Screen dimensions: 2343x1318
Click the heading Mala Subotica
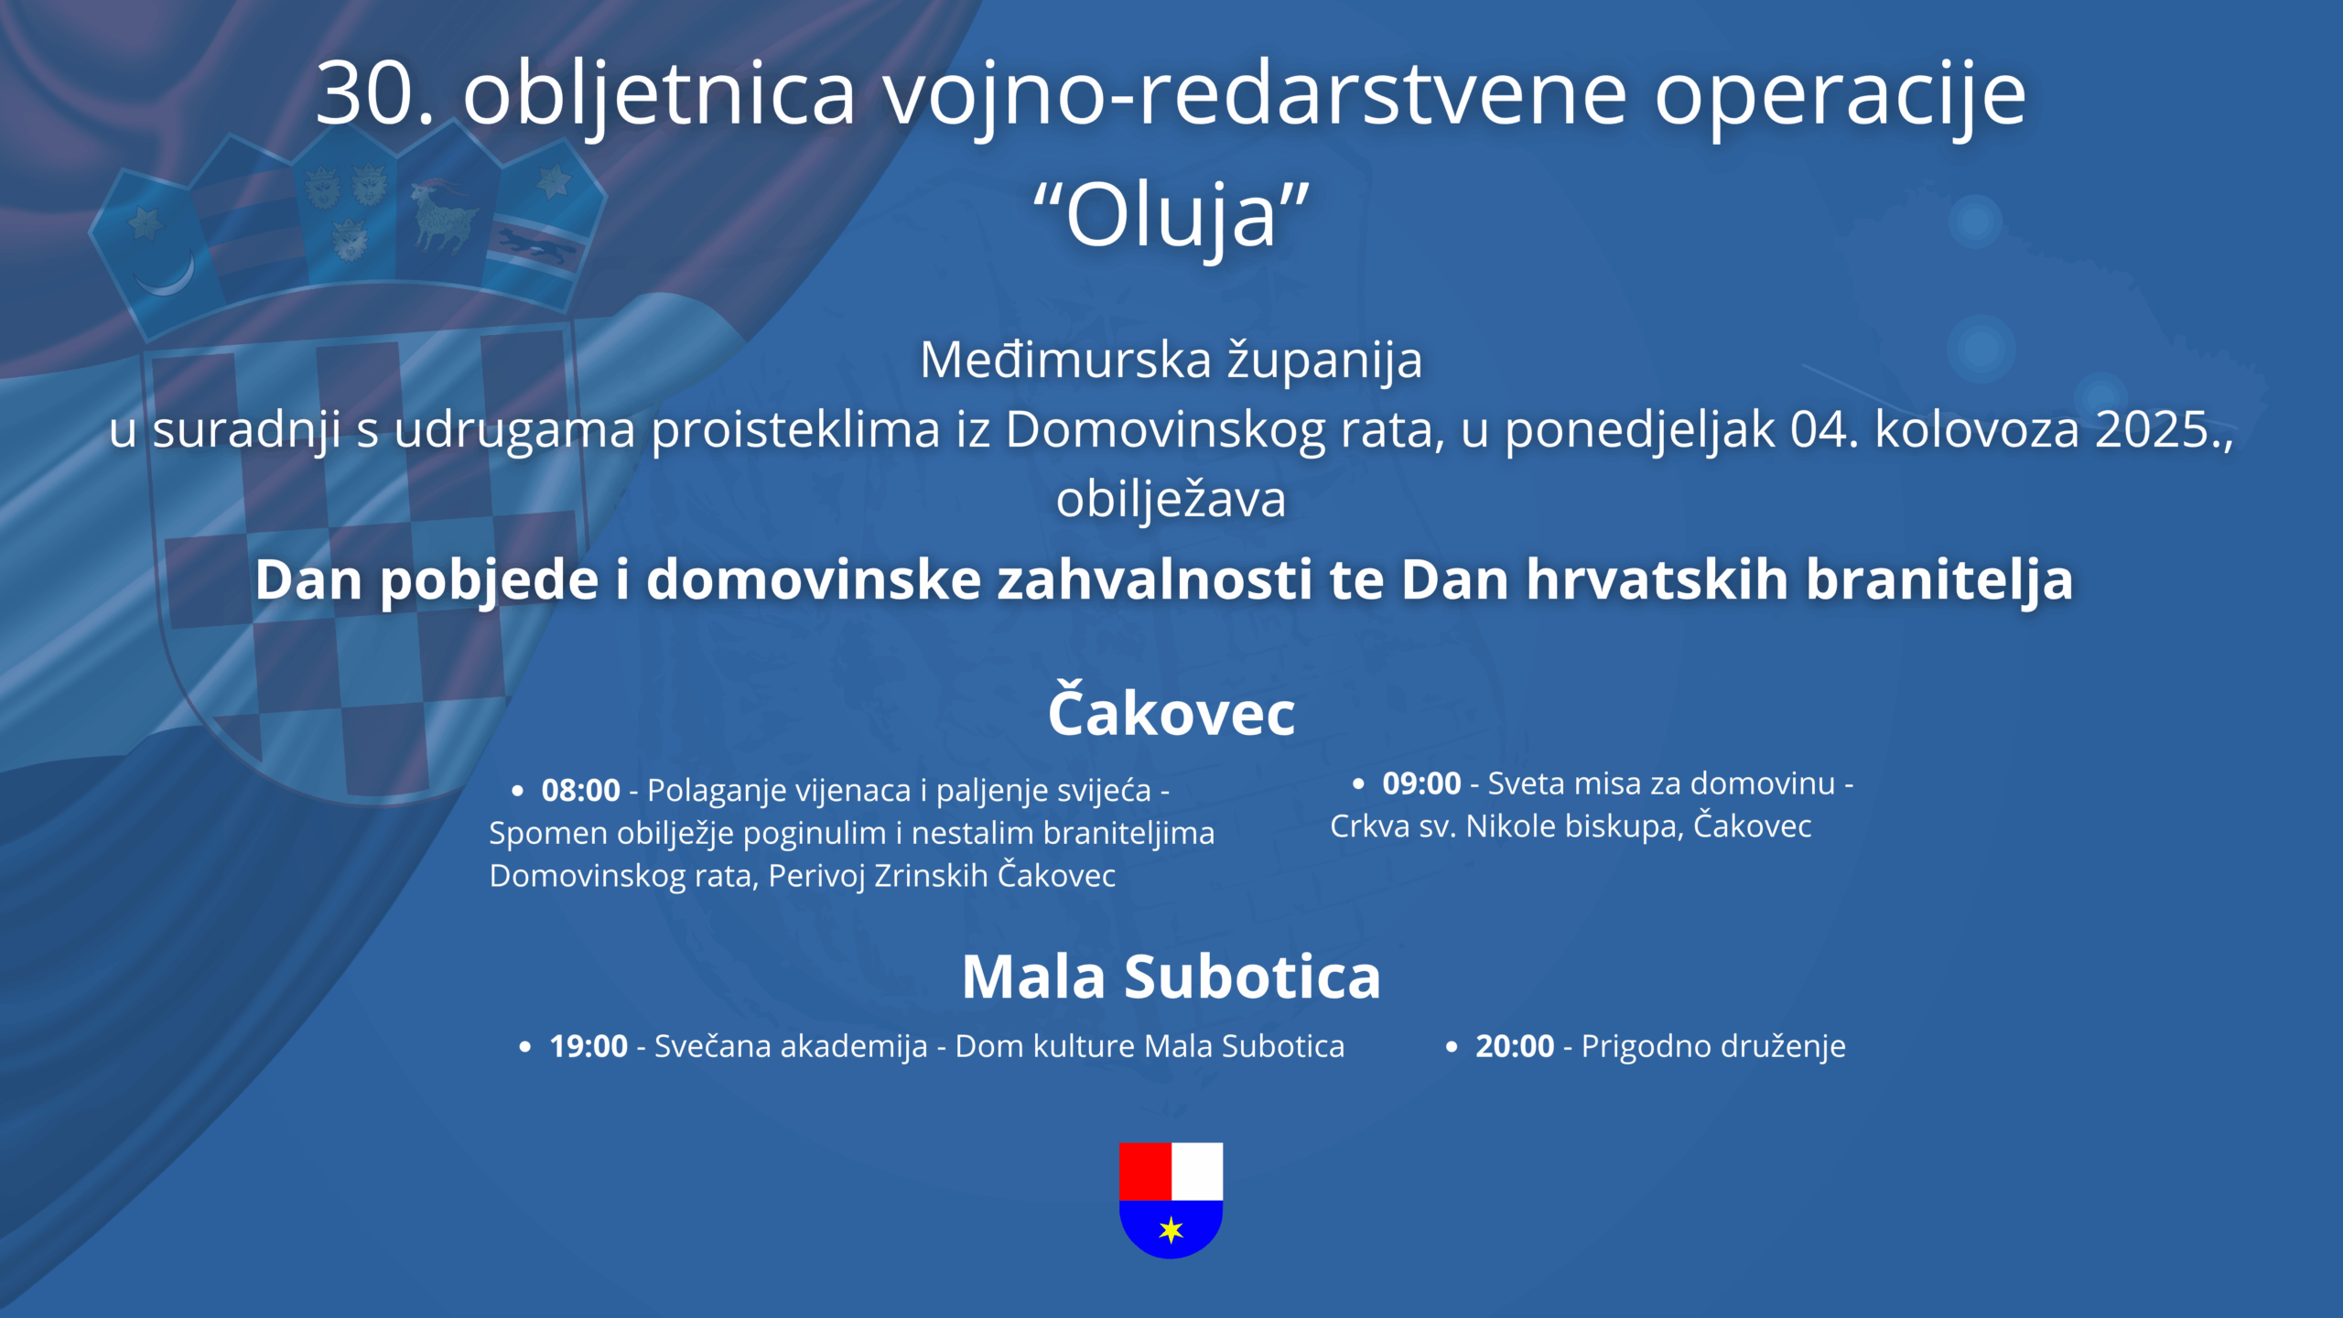1171,977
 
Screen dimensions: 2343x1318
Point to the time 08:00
581,790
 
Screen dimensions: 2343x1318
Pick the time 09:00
1421,783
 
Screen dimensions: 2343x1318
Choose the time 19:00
588,1046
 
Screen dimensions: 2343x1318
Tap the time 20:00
1515,1046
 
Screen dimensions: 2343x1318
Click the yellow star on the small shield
1171,1229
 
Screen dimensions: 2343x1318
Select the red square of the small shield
1145,1171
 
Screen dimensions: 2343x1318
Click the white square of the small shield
1197,1171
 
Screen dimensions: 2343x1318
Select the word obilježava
1171,500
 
